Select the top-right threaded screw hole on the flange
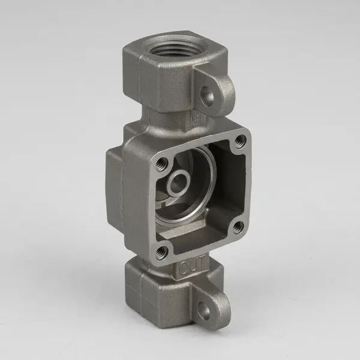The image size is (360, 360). pos(241,142)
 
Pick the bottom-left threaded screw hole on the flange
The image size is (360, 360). pos(160,253)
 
